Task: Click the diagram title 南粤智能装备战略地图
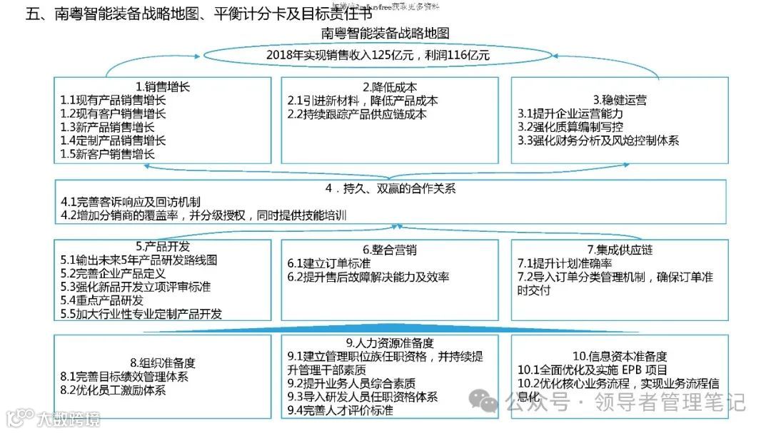tap(385, 34)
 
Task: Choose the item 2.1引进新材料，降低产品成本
tap(362, 101)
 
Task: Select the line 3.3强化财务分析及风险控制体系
tap(598, 141)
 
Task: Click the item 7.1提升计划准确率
tap(565, 264)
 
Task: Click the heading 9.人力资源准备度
tap(390, 342)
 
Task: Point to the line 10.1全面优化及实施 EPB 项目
tap(593, 370)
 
